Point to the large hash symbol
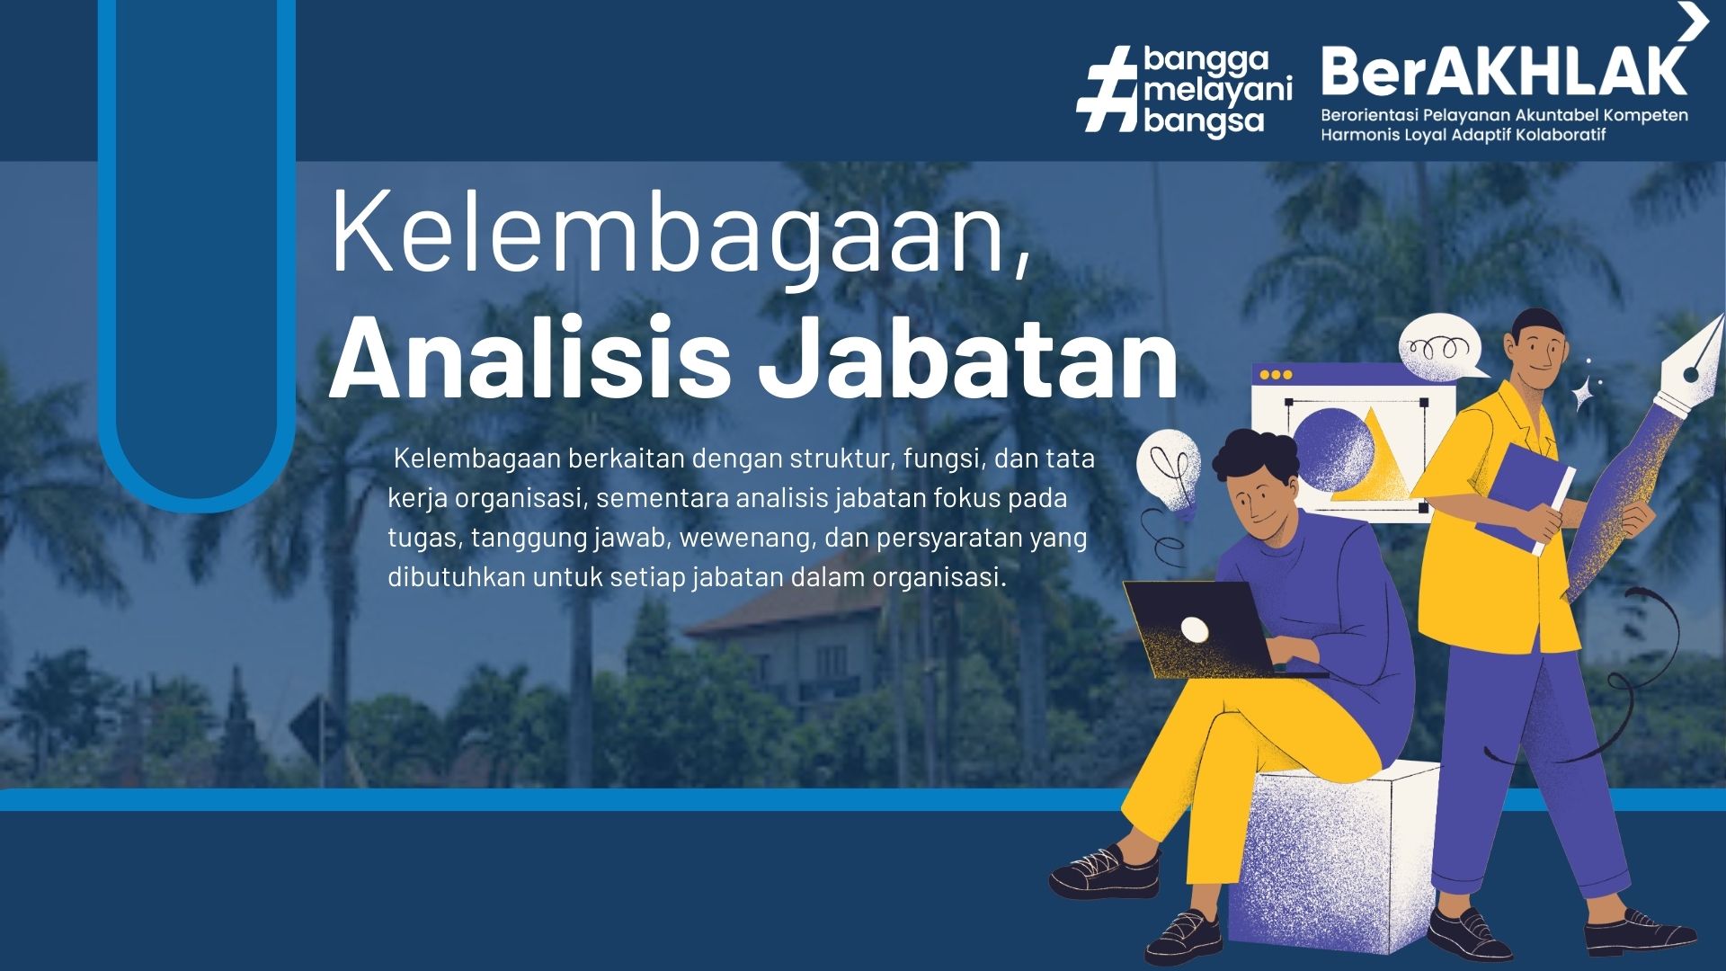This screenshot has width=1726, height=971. (1108, 91)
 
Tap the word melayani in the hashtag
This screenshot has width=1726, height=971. (1218, 90)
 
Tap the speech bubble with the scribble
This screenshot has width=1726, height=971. (1441, 347)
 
